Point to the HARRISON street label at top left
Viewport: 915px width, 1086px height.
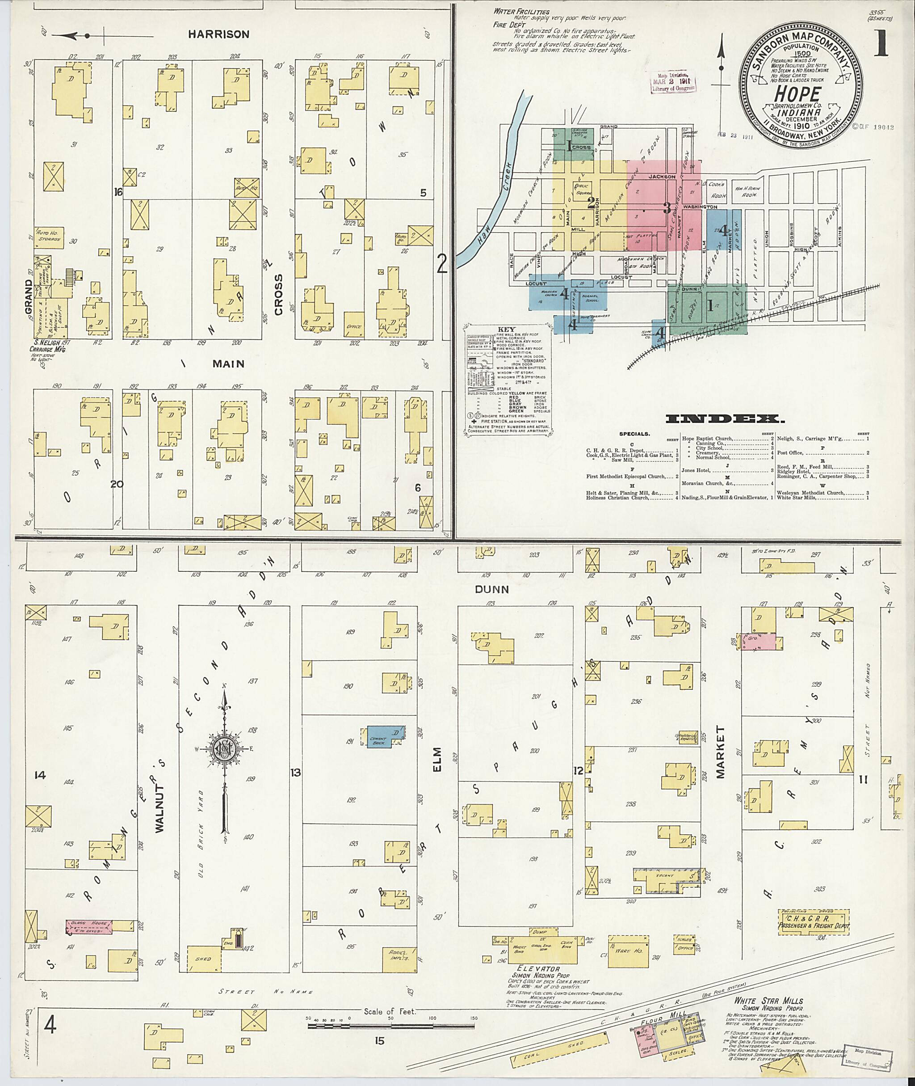tap(218, 35)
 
